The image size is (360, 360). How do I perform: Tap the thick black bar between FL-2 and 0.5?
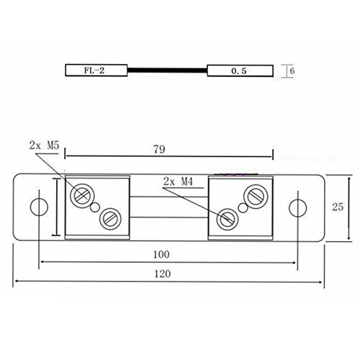click(x=167, y=71)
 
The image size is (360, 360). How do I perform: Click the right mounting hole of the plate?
click(x=297, y=208)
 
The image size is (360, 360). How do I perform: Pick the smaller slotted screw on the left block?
click(x=109, y=217)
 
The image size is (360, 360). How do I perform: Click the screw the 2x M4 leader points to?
click(x=230, y=216)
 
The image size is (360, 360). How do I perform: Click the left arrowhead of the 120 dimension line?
click(x=17, y=284)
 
